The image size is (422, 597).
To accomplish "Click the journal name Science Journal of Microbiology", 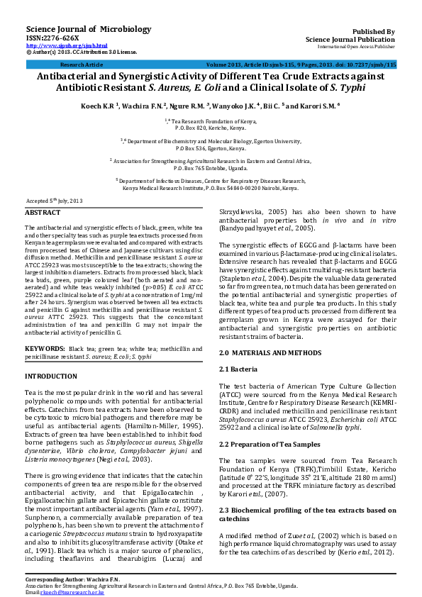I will point(79,29).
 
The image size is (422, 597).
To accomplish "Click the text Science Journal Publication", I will point(350,40).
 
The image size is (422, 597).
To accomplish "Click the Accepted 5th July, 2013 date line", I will point(55,201).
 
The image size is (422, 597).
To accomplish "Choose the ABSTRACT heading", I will point(43,213).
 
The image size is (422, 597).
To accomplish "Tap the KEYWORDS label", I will point(45,350).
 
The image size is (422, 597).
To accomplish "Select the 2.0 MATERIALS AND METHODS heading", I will point(270,352).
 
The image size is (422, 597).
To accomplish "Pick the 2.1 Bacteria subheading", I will point(238,369).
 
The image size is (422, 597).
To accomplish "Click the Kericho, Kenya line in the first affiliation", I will point(211,128).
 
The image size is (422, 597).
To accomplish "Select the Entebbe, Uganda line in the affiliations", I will point(211,168).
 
